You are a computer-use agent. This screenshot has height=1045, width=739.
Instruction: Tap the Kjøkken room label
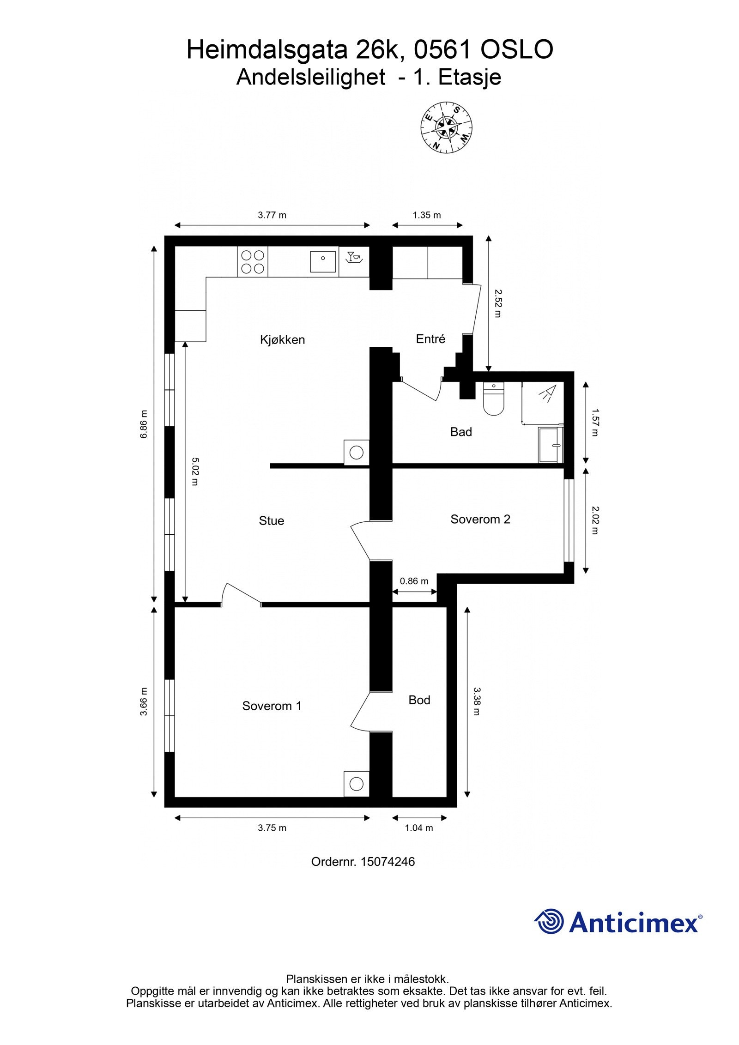[282, 340]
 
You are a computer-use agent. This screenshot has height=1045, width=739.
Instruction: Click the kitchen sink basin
[322, 261]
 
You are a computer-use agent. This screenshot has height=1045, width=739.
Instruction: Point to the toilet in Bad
[494, 400]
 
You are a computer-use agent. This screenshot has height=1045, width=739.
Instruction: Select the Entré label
[430, 339]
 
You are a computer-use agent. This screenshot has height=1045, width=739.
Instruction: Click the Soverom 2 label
[480, 519]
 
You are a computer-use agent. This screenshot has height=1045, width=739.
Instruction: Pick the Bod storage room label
[419, 700]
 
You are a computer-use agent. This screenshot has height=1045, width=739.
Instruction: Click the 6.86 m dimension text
[144, 424]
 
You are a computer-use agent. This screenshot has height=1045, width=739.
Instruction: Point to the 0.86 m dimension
[414, 581]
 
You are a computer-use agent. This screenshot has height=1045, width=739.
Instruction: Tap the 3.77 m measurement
[272, 215]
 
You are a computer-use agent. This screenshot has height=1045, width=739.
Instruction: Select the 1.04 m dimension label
[419, 828]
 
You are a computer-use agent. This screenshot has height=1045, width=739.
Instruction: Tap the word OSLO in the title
[517, 49]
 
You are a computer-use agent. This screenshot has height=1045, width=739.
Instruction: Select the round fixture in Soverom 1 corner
[356, 784]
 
